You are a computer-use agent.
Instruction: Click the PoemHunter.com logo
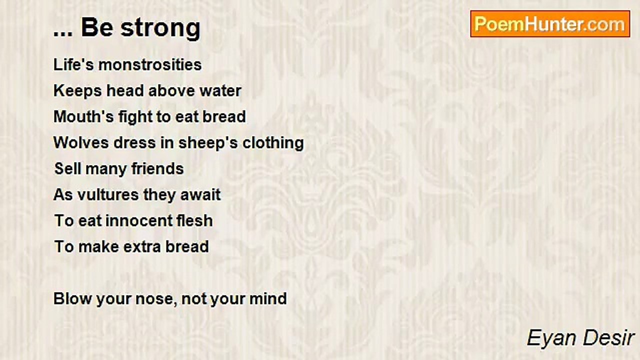(x=550, y=24)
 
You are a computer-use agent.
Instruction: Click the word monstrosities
(x=150, y=64)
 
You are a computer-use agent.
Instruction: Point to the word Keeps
(x=77, y=91)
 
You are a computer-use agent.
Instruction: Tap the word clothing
(x=273, y=143)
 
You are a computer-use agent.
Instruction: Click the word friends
(x=157, y=168)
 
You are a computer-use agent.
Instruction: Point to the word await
(x=200, y=195)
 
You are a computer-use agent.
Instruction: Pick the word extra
(x=142, y=247)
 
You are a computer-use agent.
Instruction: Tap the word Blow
(x=72, y=299)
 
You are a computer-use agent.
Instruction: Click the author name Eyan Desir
(x=580, y=338)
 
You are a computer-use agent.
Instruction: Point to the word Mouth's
(x=83, y=117)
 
